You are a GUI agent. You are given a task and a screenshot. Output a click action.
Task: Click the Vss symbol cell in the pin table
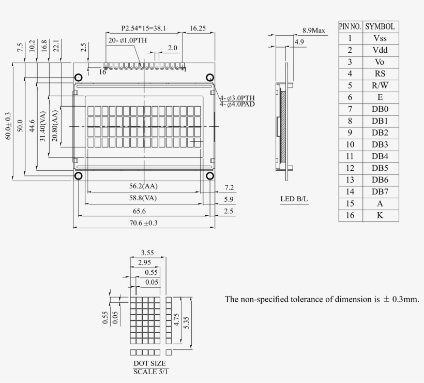pyautogui.click(x=380, y=38)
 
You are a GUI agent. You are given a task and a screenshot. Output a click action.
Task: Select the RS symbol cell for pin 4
pyautogui.click(x=380, y=73)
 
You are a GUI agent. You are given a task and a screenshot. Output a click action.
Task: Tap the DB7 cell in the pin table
pyautogui.click(x=380, y=192)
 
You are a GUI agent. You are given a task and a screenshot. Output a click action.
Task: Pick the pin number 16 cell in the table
pyautogui.click(x=350, y=215)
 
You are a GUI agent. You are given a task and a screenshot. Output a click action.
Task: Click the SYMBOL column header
pyautogui.click(x=380, y=26)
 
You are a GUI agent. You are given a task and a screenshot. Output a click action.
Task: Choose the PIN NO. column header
pyautogui.click(x=350, y=26)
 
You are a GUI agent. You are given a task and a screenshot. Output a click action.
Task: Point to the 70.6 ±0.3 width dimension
pyautogui.click(x=144, y=223)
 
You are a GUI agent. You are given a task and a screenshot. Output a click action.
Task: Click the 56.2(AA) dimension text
pyautogui.click(x=144, y=186)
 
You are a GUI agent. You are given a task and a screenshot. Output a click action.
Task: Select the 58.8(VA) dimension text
pyautogui.click(x=144, y=198)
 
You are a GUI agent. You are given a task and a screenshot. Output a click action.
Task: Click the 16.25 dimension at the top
pyautogui.click(x=198, y=28)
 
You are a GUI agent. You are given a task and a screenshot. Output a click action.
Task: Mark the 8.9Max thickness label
pyautogui.click(x=314, y=31)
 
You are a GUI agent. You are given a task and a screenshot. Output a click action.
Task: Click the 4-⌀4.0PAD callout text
pyautogui.click(x=237, y=104)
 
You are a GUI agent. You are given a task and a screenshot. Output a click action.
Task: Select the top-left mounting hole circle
pyautogui.click(x=78, y=78)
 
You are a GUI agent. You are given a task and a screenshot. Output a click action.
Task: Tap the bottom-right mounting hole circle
pyautogui.click(x=210, y=176)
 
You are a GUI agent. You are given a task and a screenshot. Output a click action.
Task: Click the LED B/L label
pyautogui.click(x=294, y=199)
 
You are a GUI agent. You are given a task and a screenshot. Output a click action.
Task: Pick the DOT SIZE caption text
pyautogui.click(x=149, y=363)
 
